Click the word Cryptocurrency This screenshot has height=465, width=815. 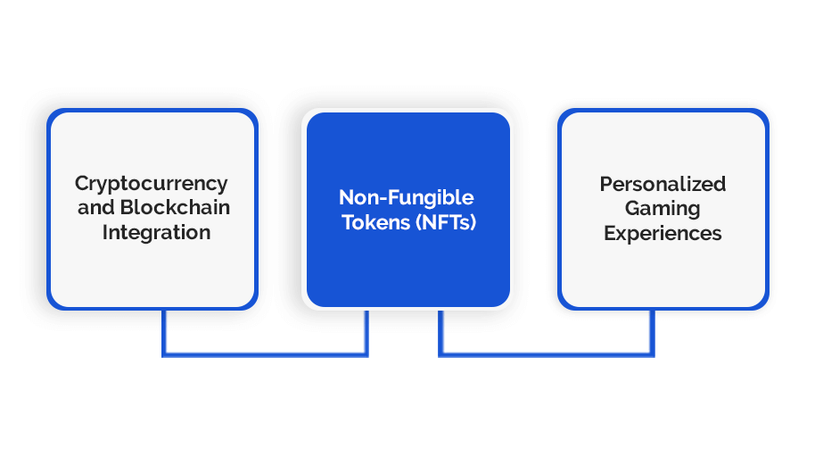[x=152, y=185]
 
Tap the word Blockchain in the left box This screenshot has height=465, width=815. [x=175, y=207]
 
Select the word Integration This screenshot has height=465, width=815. [x=156, y=232]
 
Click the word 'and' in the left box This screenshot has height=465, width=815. [x=96, y=208]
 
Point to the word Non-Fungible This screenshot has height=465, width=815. [x=407, y=198]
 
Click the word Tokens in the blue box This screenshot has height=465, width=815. [x=375, y=222]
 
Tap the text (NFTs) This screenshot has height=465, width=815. [x=446, y=222]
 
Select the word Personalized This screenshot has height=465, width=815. [x=663, y=184]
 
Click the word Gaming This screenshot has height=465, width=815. [x=663, y=209]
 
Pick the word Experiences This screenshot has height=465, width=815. [x=663, y=234]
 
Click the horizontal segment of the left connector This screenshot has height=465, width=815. [x=265, y=354]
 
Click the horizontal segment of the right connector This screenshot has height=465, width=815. [x=547, y=354]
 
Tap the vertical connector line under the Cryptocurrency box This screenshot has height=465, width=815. [x=164, y=333]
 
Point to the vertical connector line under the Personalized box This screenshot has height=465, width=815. [x=653, y=333]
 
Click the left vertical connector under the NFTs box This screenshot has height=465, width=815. [x=366, y=333]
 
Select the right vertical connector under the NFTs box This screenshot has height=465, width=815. [x=440, y=333]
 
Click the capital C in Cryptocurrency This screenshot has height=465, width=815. [x=83, y=183]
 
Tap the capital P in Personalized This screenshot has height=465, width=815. [x=606, y=184]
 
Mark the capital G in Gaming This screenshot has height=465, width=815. [x=633, y=208]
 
